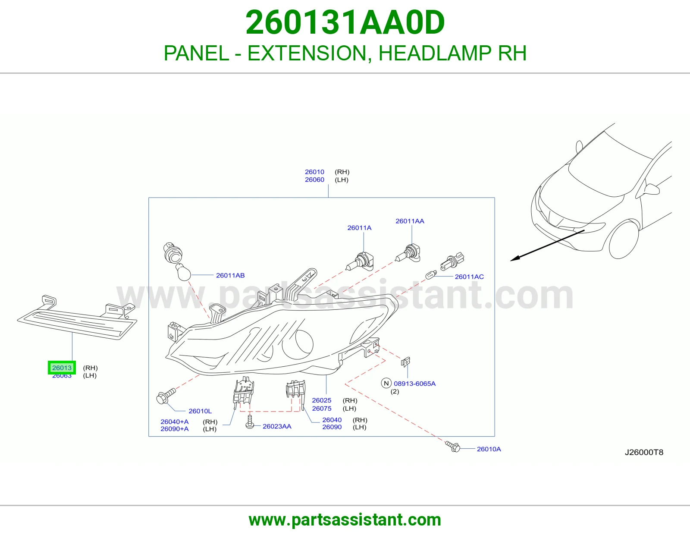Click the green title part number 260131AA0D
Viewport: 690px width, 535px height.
(345, 22)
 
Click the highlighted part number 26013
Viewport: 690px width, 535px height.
(62, 368)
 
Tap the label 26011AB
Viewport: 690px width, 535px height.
(230, 275)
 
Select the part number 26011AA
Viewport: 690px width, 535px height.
(410, 221)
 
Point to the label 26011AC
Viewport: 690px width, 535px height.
(469, 277)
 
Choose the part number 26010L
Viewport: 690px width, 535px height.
(200, 411)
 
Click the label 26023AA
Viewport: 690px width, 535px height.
(277, 426)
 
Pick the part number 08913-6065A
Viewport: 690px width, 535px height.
(415, 384)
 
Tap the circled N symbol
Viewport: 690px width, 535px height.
(386, 384)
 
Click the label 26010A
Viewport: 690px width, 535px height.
(489, 449)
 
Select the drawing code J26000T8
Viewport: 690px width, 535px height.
(644, 453)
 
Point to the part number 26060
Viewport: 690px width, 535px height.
(314, 180)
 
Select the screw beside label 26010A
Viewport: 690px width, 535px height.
(453, 447)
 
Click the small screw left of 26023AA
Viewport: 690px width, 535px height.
(250, 421)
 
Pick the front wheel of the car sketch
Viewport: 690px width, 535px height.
(624, 240)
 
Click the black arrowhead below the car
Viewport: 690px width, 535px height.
(515, 258)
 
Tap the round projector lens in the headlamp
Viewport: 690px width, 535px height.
(298, 344)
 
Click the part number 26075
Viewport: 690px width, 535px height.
(322, 409)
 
